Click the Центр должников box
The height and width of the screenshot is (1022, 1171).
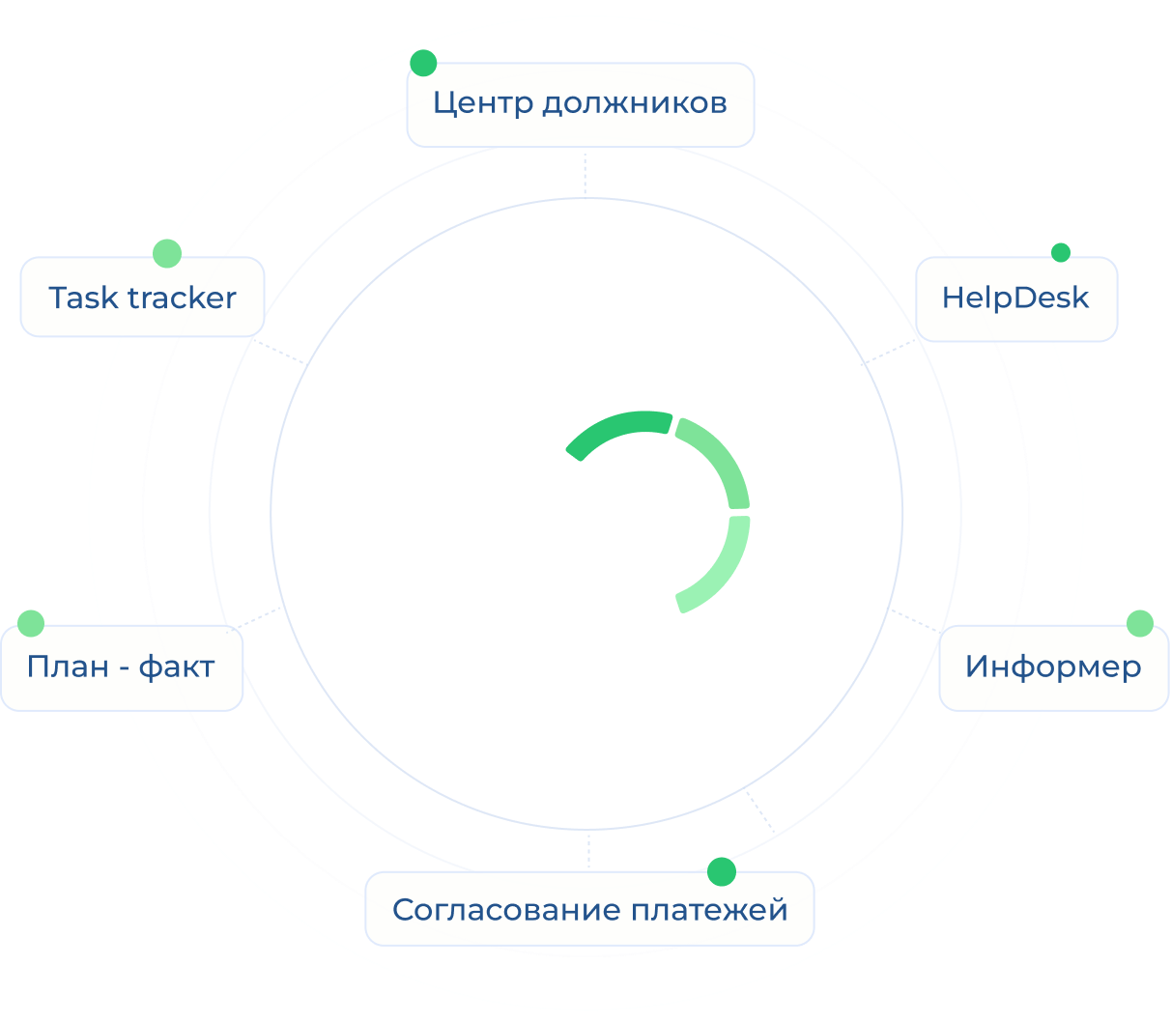[x=580, y=104]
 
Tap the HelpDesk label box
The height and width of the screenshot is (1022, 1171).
[x=1016, y=298]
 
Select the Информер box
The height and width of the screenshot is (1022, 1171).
[x=1053, y=667]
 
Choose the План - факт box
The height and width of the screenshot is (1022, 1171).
[x=121, y=667]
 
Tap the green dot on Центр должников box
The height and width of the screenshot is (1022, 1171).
[x=423, y=64]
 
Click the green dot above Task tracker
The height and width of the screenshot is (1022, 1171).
[x=167, y=253]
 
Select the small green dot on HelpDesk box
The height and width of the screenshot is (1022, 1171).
[x=1061, y=253]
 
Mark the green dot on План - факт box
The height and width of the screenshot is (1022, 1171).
[x=31, y=623]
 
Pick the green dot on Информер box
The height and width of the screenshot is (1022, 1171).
[x=1140, y=623]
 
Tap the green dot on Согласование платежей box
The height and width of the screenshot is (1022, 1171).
[x=721, y=871]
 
